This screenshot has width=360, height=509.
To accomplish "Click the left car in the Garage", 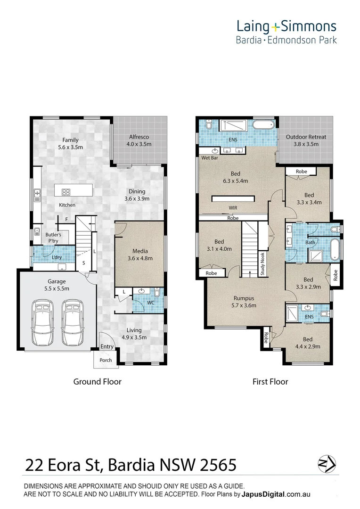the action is [43, 323].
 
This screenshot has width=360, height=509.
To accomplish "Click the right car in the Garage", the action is [73, 323].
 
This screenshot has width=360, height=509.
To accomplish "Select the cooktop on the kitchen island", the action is [66, 192].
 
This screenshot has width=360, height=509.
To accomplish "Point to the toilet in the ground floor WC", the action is [157, 293].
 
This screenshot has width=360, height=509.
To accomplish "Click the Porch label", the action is [106, 360].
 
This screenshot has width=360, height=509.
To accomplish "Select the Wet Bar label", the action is [210, 158].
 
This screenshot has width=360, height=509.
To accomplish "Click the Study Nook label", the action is [262, 264].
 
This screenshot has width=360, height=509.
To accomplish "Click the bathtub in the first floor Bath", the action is [335, 250].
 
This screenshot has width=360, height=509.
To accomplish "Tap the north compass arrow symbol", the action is [327, 464].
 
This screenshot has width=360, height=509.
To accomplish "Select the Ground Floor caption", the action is [98, 382].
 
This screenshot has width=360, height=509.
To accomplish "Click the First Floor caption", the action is [270, 382].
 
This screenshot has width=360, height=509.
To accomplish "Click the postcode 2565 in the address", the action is [218, 465].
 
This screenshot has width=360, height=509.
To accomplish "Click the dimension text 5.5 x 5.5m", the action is [57, 288].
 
